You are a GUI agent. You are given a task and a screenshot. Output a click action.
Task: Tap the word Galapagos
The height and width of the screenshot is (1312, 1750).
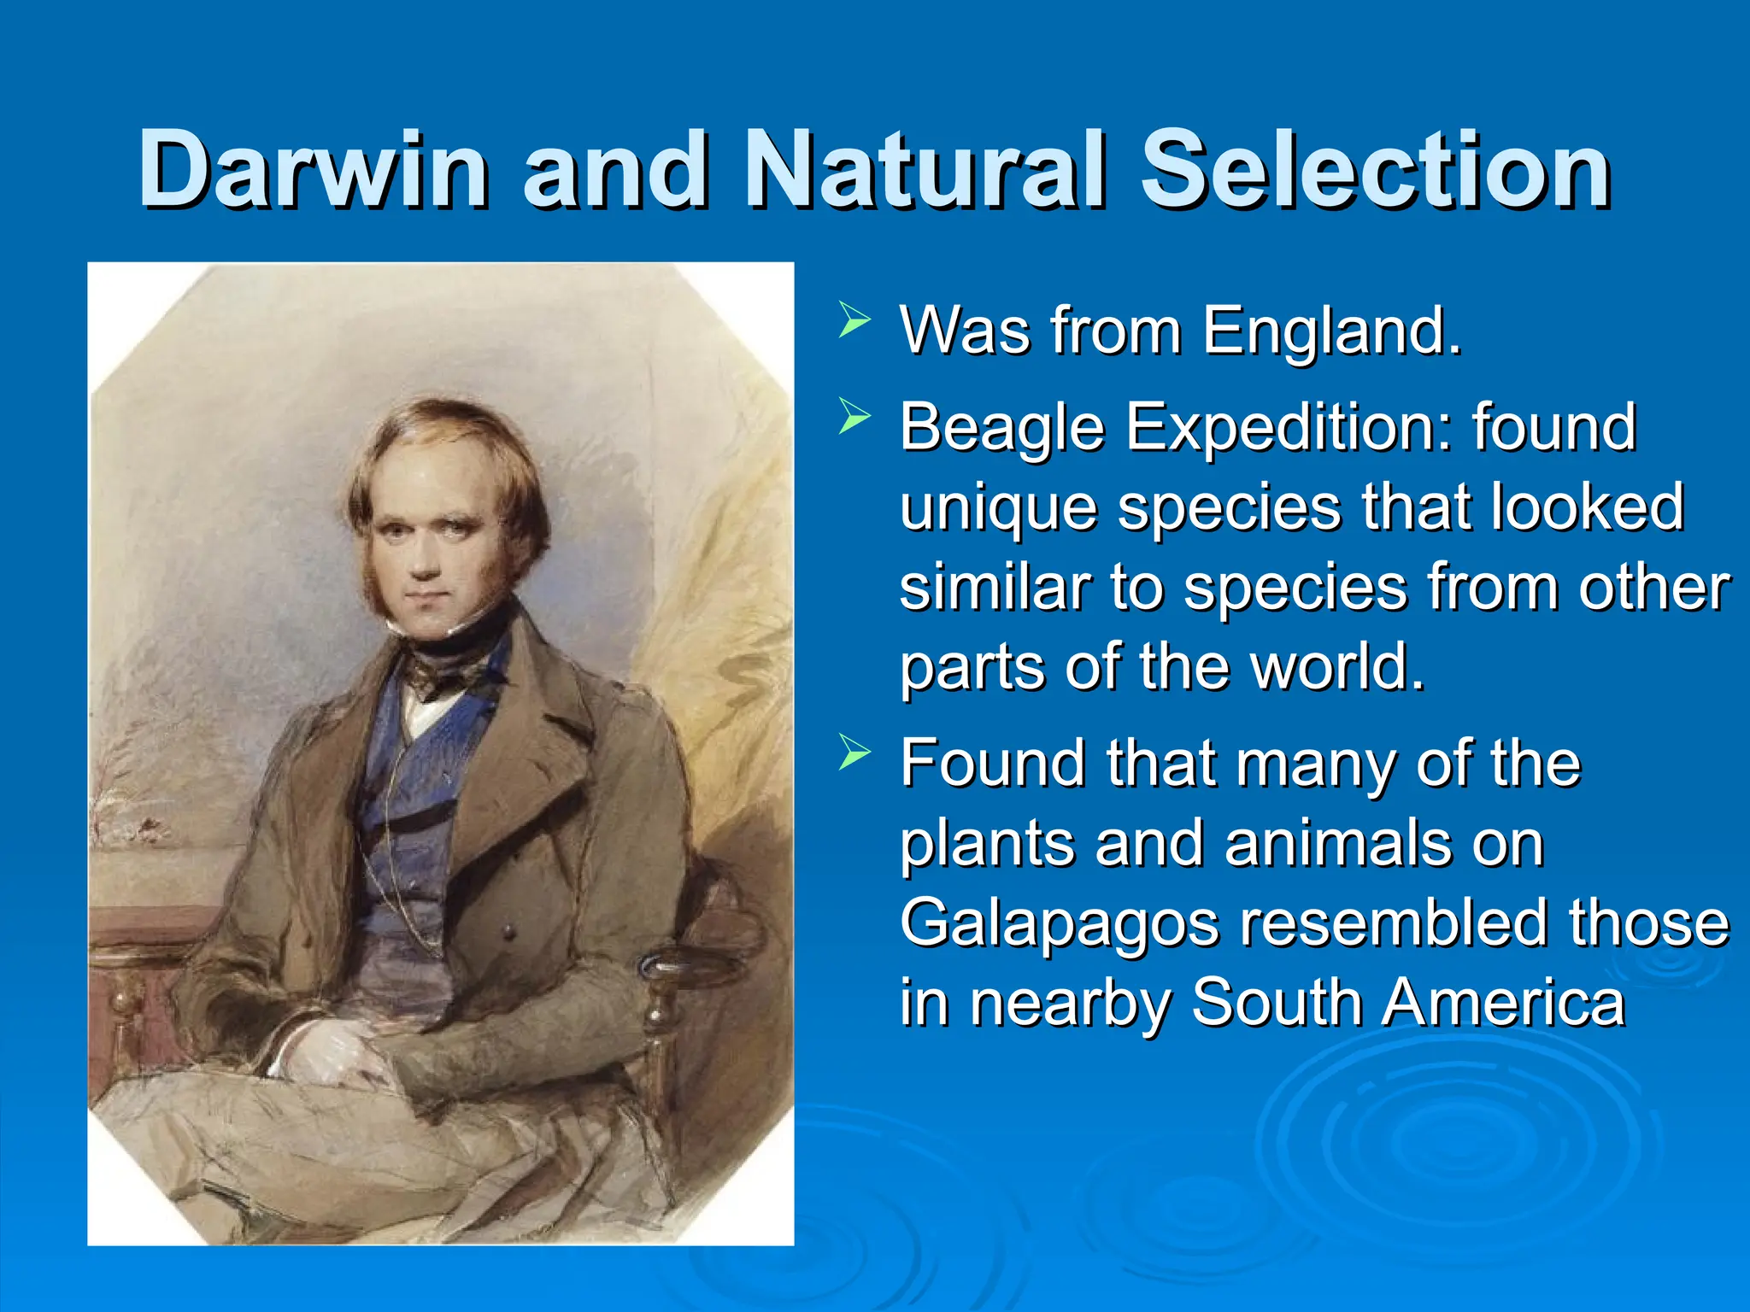(1060, 926)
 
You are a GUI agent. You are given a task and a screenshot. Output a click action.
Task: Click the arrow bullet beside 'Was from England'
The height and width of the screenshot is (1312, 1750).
(854, 320)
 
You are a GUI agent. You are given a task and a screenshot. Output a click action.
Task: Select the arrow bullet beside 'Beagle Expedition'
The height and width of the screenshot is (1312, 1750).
(854, 417)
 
